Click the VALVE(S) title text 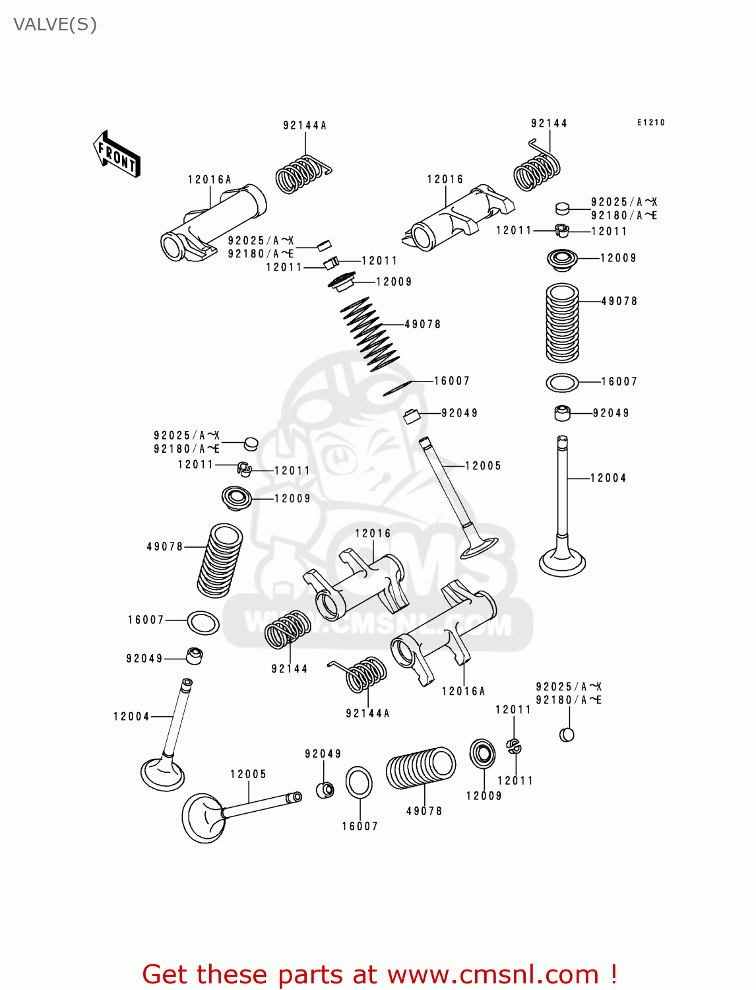click(x=55, y=24)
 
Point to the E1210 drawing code click(x=650, y=122)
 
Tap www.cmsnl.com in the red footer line click(x=492, y=974)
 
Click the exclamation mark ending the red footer click(x=614, y=974)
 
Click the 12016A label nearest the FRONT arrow click(x=209, y=180)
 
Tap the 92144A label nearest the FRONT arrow click(x=304, y=125)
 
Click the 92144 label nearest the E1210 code click(x=549, y=123)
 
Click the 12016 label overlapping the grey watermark click(x=373, y=533)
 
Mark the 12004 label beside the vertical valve click(x=608, y=478)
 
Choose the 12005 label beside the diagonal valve click(x=483, y=466)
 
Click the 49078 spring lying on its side click(x=421, y=768)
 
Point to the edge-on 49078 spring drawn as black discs click(x=369, y=334)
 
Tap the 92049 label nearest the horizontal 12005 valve click(x=323, y=754)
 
